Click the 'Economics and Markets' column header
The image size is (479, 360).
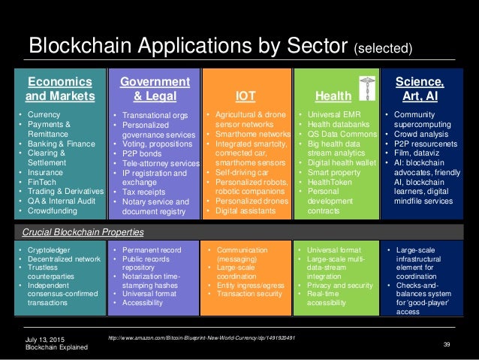(59, 89)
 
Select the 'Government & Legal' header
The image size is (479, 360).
(155, 89)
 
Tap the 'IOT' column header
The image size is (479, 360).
(246, 96)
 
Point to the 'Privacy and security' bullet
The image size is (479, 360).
(340, 285)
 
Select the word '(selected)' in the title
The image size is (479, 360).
(383, 49)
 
